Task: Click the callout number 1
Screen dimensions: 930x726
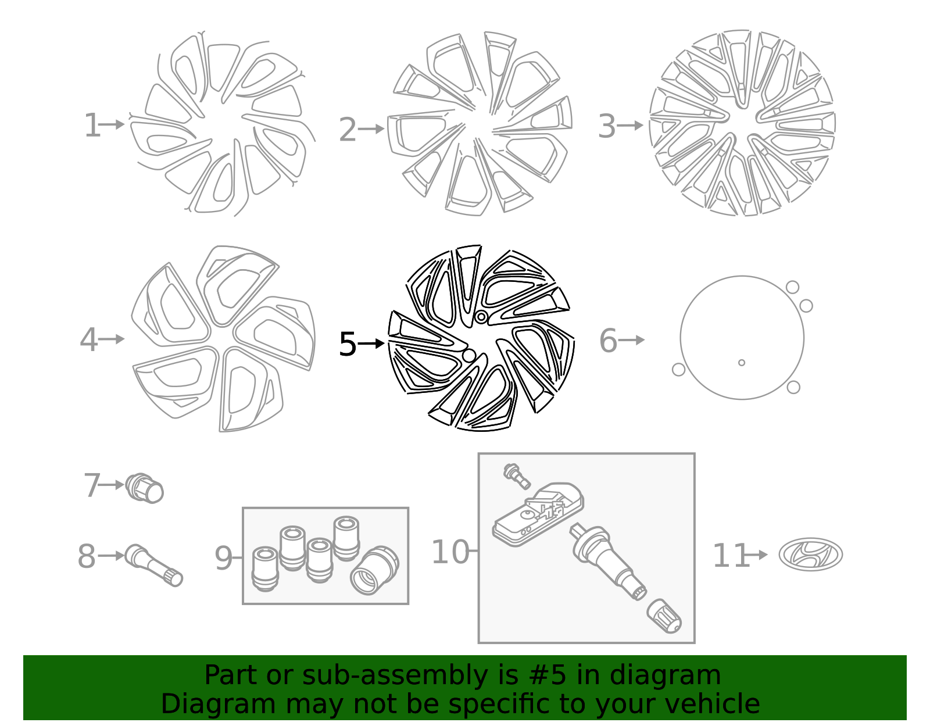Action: point(92,126)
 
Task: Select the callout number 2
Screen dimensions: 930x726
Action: point(347,130)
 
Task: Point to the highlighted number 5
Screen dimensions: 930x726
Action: point(348,344)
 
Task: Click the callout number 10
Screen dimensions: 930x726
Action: point(450,552)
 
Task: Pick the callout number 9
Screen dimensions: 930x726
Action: point(223,558)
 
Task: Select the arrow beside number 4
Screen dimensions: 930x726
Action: point(112,339)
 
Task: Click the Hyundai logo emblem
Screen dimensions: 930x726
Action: point(811,555)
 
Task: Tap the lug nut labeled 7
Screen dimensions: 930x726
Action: point(145,488)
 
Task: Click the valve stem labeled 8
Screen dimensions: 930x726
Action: point(153,565)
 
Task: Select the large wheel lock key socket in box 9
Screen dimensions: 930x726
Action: point(374,570)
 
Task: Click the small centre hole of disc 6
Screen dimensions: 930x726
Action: point(742,363)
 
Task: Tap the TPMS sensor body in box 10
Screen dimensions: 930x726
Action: point(538,514)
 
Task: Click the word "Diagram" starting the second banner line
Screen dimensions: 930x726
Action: point(219,704)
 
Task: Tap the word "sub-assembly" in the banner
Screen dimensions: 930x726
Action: point(395,675)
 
